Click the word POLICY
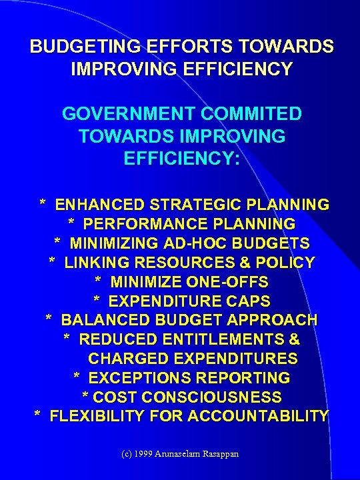coord(283,263)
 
